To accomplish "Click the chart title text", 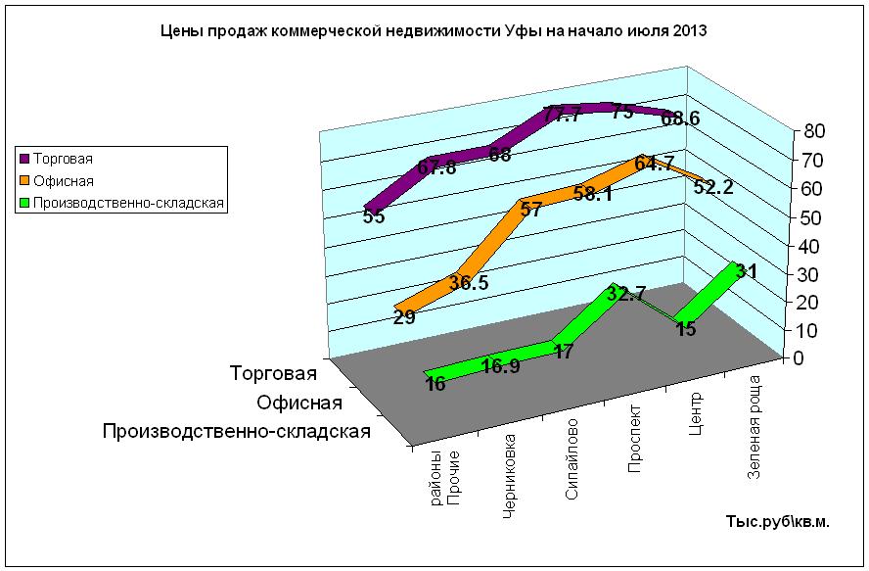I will [434, 31].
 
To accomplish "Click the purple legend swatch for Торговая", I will [24, 158].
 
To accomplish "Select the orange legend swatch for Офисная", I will [24, 181].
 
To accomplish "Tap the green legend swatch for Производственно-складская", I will [24, 204].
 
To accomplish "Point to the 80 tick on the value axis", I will [815, 131].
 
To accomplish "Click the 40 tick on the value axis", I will [815, 246].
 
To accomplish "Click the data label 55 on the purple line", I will [373, 217].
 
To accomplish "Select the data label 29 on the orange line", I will [405, 317].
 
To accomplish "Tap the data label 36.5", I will [469, 283].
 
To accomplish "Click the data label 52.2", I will [713, 188].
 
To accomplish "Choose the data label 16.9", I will [501, 367].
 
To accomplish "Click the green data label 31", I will [746, 271].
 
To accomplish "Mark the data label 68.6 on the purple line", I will [680, 119].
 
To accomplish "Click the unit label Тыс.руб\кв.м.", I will [777, 522].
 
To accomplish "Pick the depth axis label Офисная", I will [298, 404].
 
